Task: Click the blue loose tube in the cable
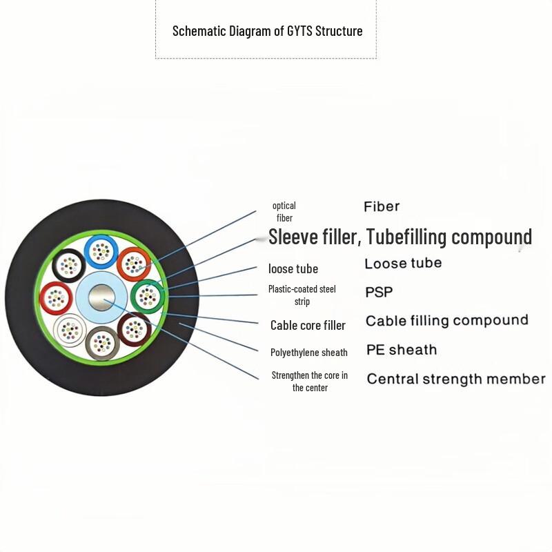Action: tap(101, 253)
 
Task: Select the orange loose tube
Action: tap(133, 264)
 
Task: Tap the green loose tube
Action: tap(147, 297)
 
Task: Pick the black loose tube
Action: tap(69, 264)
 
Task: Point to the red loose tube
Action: tap(56, 298)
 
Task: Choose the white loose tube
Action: tap(70, 330)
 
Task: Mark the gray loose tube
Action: tap(101, 342)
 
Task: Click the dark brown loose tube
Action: tap(134, 329)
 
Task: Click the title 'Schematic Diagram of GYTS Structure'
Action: tap(267, 31)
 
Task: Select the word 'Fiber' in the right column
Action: tap(382, 206)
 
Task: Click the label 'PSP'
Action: tap(379, 293)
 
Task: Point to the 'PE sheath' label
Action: tap(401, 350)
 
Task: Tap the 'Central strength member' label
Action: tap(455, 379)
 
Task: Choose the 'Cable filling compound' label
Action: tap(446, 321)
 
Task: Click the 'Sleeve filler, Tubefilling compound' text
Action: tap(400, 237)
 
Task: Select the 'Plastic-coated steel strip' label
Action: tap(302, 295)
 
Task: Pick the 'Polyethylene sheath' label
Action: tap(308, 353)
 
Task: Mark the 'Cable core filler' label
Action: tap(308, 325)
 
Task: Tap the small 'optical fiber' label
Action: tap(284, 212)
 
